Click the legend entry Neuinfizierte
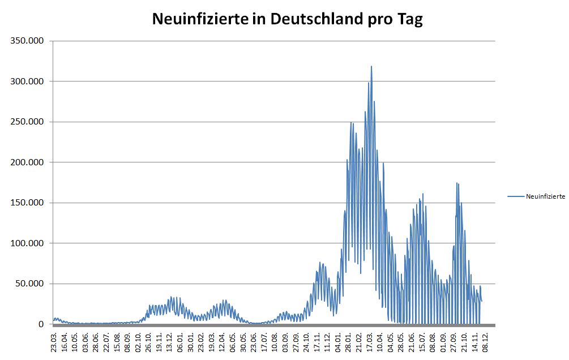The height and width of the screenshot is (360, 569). pyautogui.click(x=545, y=196)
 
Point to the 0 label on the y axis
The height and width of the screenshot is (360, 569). pyautogui.click(x=41, y=324)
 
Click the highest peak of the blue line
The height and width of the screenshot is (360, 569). pyautogui.click(x=371, y=67)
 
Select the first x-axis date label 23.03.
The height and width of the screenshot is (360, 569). pyautogui.click(x=54, y=342)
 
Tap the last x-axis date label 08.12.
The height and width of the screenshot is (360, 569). pyautogui.click(x=486, y=342)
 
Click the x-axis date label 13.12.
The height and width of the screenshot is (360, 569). pyautogui.click(x=170, y=342)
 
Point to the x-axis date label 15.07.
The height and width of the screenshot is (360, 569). pyautogui.click(x=422, y=342)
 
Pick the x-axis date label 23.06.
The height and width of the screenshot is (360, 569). pyautogui.click(x=254, y=342)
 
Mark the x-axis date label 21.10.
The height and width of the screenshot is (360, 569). pyautogui.click(x=464, y=342)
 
